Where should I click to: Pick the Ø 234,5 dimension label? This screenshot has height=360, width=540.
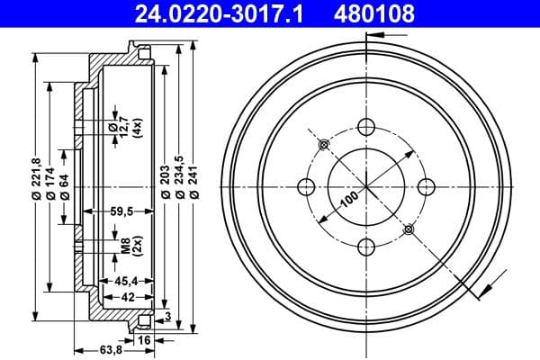tap(181, 180)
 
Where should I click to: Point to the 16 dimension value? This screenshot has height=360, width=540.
tap(145, 340)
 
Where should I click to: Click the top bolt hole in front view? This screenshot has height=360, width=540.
tap(364, 127)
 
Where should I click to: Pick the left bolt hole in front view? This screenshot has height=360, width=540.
tap(304, 186)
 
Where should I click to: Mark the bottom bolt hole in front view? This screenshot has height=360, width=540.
tap(364, 246)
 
